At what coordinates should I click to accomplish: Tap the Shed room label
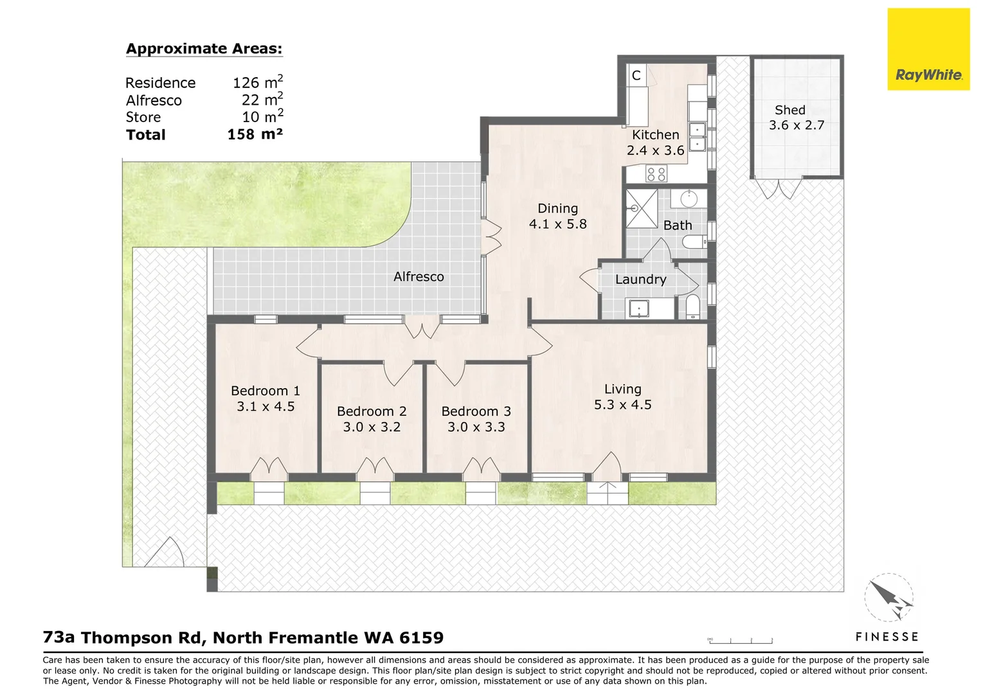(x=789, y=110)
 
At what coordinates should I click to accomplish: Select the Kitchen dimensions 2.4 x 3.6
(x=655, y=150)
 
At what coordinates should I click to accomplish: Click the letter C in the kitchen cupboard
(x=636, y=76)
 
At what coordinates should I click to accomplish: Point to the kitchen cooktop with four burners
(x=656, y=173)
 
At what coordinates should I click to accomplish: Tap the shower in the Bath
(x=641, y=208)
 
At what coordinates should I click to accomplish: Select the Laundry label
(x=640, y=280)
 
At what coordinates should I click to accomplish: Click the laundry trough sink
(x=639, y=309)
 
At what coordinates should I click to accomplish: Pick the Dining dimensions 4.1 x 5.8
(x=557, y=224)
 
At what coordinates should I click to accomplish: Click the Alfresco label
(x=419, y=277)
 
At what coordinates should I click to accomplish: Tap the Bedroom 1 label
(x=265, y=391)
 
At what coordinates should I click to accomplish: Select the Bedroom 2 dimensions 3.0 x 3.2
(x=372, y=427)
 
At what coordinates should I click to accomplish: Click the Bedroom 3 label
(x=476, y=411)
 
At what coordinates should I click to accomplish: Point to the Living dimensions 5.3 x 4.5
(x=622, y=405)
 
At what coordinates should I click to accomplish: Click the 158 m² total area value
(x=255, y=134)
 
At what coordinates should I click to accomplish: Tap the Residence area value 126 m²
(x=257, y=83)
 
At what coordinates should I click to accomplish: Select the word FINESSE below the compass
(x=887, y=637)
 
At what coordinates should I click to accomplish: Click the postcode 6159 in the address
(x=421, y=638)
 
